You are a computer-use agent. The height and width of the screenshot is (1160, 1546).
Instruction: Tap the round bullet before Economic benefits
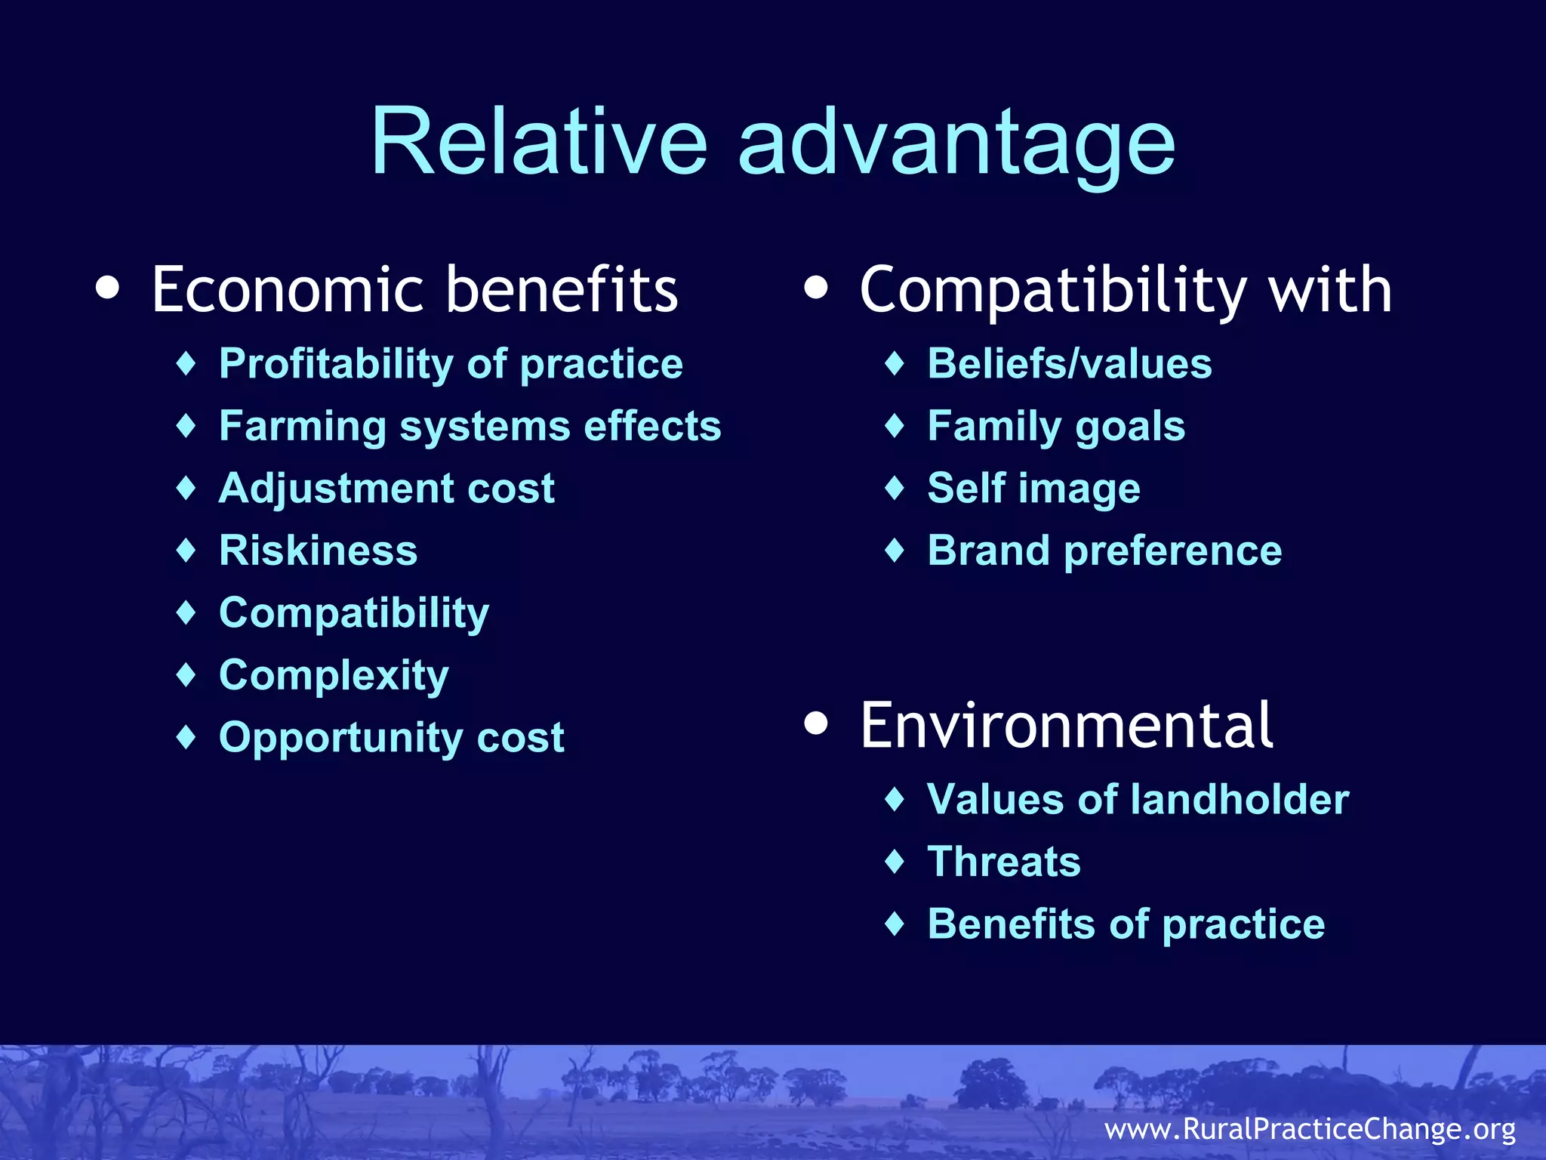coord(108,288)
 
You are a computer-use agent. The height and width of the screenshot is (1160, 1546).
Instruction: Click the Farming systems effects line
coord(470,426)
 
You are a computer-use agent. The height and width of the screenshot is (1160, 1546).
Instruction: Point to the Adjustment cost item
coord(386,488)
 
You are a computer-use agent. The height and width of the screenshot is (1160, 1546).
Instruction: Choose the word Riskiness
coord(318,550)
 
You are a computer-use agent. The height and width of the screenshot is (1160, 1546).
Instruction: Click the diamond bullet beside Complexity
coord(186,674)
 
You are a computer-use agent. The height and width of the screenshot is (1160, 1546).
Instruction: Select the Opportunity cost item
coord(391,737)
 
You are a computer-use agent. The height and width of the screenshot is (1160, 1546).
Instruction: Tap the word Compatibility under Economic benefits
coord(353,612)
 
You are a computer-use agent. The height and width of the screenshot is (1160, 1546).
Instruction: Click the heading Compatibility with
coord(1125,290)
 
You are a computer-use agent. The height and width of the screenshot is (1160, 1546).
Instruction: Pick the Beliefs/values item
coord(1069,364)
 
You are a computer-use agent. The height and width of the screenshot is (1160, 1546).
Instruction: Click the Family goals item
coord(1055,426)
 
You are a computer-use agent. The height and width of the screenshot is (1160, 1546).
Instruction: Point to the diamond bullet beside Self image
coord(895,488)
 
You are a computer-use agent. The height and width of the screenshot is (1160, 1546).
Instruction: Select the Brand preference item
coord(1104,550)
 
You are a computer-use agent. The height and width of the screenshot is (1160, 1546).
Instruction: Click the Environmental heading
coord(1066,725)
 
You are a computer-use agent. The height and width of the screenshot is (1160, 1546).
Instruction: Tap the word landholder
coord(1241,799)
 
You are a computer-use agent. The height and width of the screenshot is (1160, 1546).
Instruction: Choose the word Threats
coord(1003,862)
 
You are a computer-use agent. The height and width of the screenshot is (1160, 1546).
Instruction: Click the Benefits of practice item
coord(1125,924)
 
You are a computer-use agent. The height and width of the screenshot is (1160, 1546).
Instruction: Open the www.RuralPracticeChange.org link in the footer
coord(1310,1129)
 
